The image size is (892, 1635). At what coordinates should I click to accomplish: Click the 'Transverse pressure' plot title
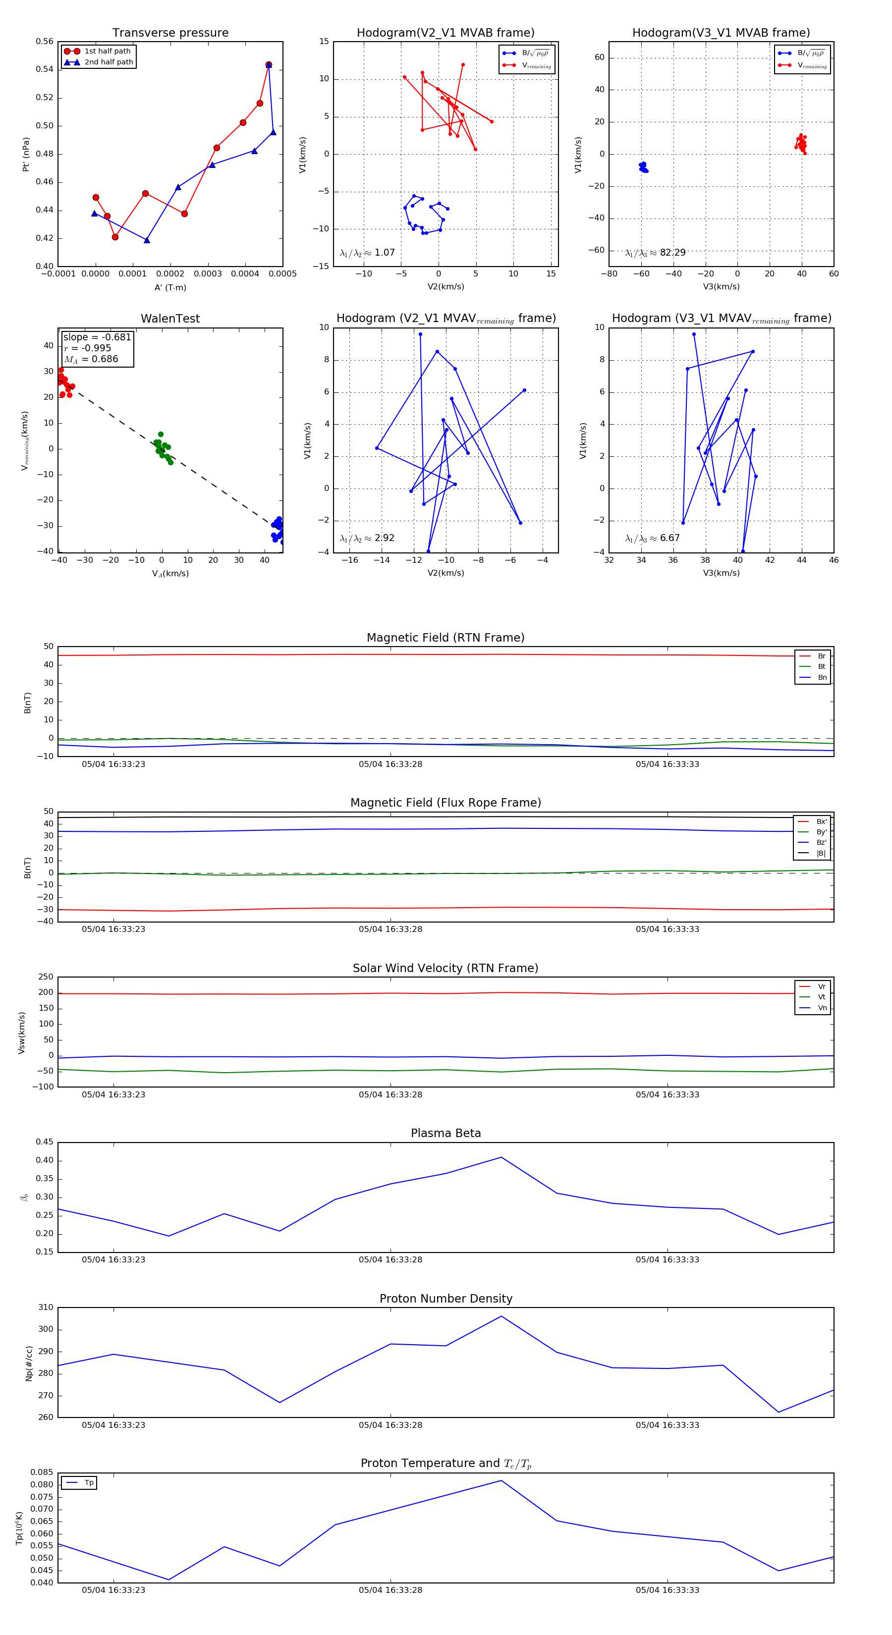pyautogui.click(x=170, y=33)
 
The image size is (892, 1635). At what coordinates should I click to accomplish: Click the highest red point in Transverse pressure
pyautogui.click(x=269, y=65)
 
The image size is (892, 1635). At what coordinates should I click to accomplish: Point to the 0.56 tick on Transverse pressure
pyautogui.click(x=45, y=42)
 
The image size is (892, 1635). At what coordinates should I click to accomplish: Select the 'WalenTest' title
pyautogui.click(x=170, y=319)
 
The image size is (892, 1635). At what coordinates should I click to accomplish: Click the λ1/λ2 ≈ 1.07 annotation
pyautogui.click(x=367, y=253)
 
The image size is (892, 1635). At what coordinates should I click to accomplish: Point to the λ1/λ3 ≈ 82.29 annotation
pyautogui.click(x=655, y=253)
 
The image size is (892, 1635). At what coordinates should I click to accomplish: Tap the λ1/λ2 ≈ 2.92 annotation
pyautogui.click(x=367, y=538)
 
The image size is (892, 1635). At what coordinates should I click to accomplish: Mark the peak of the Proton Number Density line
pyautogui.click(x=501, y=1316)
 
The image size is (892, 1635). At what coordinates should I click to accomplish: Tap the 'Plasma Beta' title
pyautogui.click(x=446, y=1134)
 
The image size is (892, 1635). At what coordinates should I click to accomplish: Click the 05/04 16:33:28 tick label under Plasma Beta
pyautogui.click(x=390, y=1260)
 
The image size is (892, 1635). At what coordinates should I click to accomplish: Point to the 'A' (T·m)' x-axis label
pyautogui.click(x=170, y=287)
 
